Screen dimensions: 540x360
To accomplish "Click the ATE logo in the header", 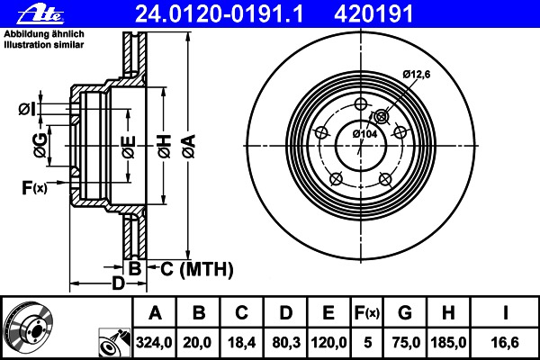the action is (x=40, y=14).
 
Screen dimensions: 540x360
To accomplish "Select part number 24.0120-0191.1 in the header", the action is (x=219, y=14).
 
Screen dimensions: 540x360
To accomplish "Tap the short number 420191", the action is (x=373, y=14).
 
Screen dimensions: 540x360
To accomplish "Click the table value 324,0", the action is (x=154, y=342).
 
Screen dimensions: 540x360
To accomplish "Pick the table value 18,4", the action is (x=242, y=342).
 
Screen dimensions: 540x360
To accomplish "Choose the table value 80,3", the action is (x=286, y=342).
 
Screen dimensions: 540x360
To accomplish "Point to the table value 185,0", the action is (x=448, y=342).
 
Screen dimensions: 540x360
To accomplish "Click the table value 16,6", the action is (x=505, y=342).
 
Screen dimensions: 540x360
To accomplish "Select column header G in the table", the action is (x=405, y=313).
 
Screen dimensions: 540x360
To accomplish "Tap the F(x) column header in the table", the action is (x=367, y=313).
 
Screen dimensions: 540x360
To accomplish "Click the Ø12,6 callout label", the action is (x=417, y=74).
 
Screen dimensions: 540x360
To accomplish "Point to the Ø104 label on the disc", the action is (x=364, y=134).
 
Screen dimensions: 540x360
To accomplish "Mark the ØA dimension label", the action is (x=189, y=147).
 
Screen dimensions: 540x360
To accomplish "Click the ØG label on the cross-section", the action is (x=40, y=146).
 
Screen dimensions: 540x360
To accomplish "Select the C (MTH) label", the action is (x=196, y=269).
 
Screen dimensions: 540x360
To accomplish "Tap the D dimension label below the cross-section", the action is (x=118, y=283).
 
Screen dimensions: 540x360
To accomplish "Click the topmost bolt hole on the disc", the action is (x=361, y=104).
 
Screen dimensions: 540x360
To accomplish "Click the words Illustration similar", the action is (x=44, y=45).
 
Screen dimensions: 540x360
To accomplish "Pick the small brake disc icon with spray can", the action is (x=114, y=343).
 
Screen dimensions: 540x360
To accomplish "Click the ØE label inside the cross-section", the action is (x=129, y=147).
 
